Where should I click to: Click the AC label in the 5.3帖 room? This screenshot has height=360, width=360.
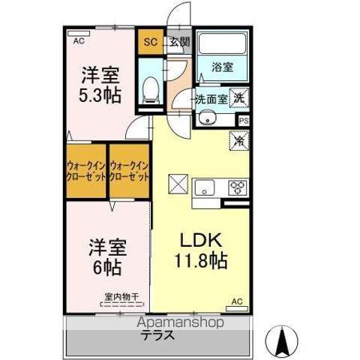point(79,42)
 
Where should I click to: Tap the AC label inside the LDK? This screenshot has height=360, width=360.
point(237,301)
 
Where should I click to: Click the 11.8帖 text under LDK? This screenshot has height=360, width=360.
point(200,262)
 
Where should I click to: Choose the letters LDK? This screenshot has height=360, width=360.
point(199,241)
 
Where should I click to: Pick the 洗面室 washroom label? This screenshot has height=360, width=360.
point(211,99)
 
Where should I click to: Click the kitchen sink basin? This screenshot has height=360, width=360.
point(205,187)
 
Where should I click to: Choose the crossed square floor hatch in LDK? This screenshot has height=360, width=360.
point(177,182)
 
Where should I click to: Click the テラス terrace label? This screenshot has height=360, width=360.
point(155,335)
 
